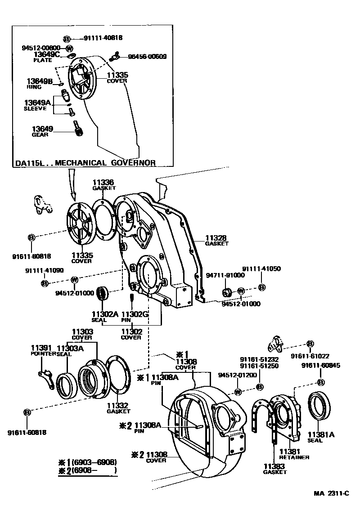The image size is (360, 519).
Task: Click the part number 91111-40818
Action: point(103,38)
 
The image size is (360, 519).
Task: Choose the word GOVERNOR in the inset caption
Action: point(133,163)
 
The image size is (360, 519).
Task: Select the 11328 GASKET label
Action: point(216,240)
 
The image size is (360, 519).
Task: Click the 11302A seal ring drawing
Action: point(105,294)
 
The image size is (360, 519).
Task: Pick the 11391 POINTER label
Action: point(43,350)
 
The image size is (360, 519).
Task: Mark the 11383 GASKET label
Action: point(275,469)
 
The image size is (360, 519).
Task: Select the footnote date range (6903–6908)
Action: point(88,462)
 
